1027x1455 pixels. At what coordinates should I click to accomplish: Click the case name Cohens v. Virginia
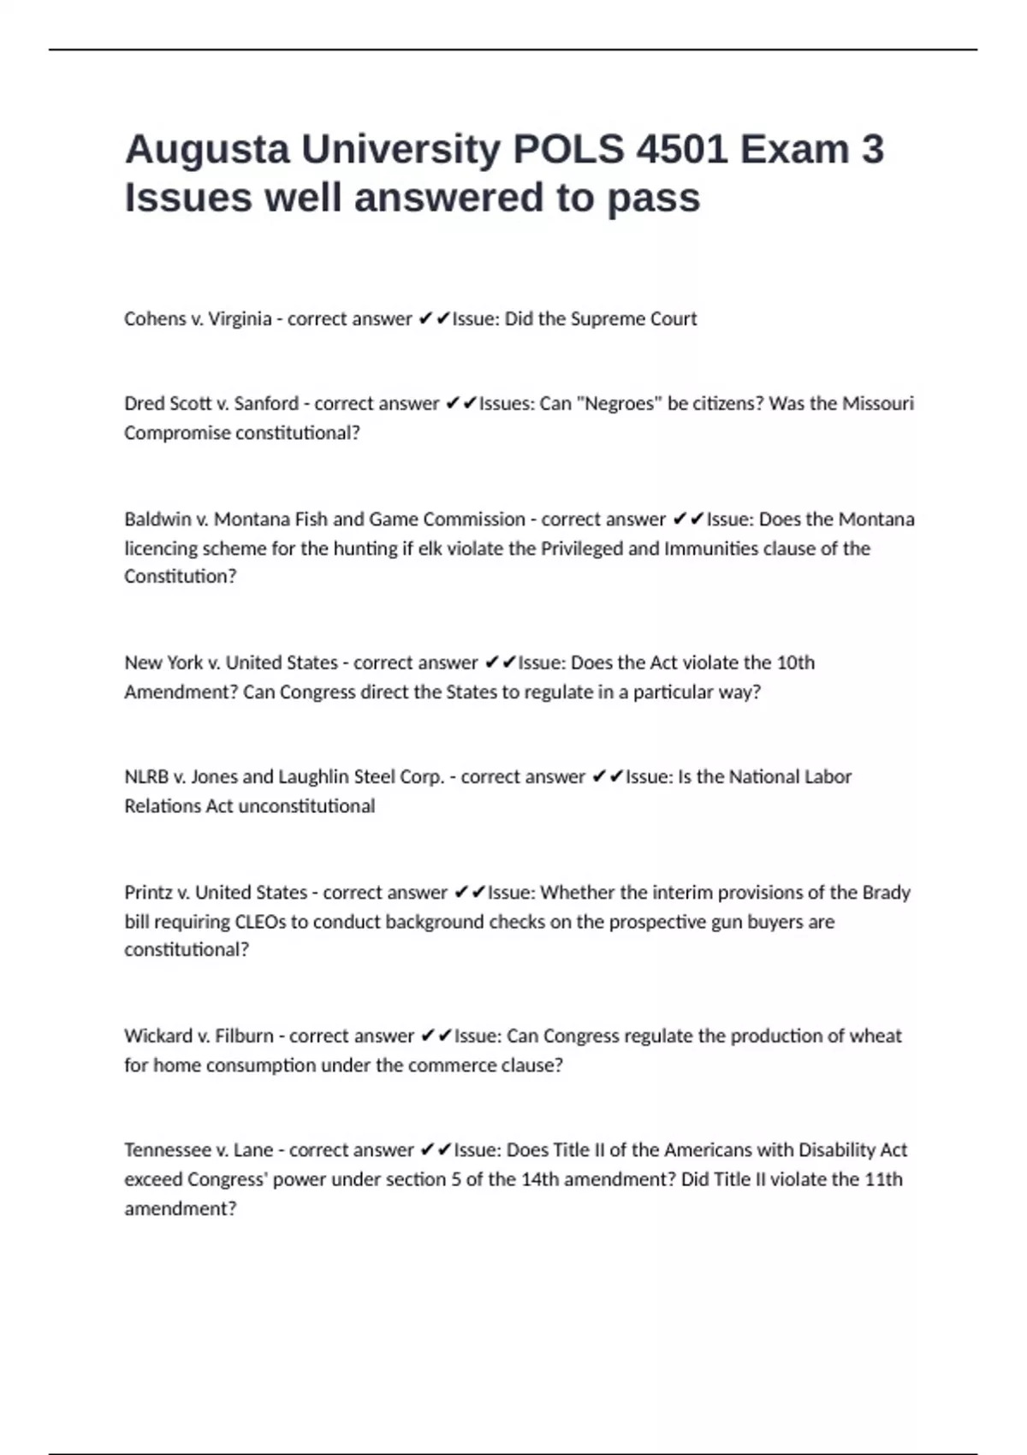click(x=198, y=319)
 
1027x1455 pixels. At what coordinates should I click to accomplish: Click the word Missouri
click(x=878, y=404)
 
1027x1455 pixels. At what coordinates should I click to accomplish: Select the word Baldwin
click(x=157, y=520)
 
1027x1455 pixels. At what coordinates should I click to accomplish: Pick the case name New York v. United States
click(x=231, y=663)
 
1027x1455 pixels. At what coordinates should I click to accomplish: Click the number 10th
click(x=795, y=663)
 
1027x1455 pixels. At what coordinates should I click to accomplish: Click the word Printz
click(x=148, y=893)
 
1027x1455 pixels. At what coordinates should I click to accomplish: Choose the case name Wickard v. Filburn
click(x=199, y=1036)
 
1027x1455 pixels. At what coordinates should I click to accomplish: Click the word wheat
click(x=875, y=1036)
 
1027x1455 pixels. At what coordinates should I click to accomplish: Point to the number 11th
click(x=883, y=1179)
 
